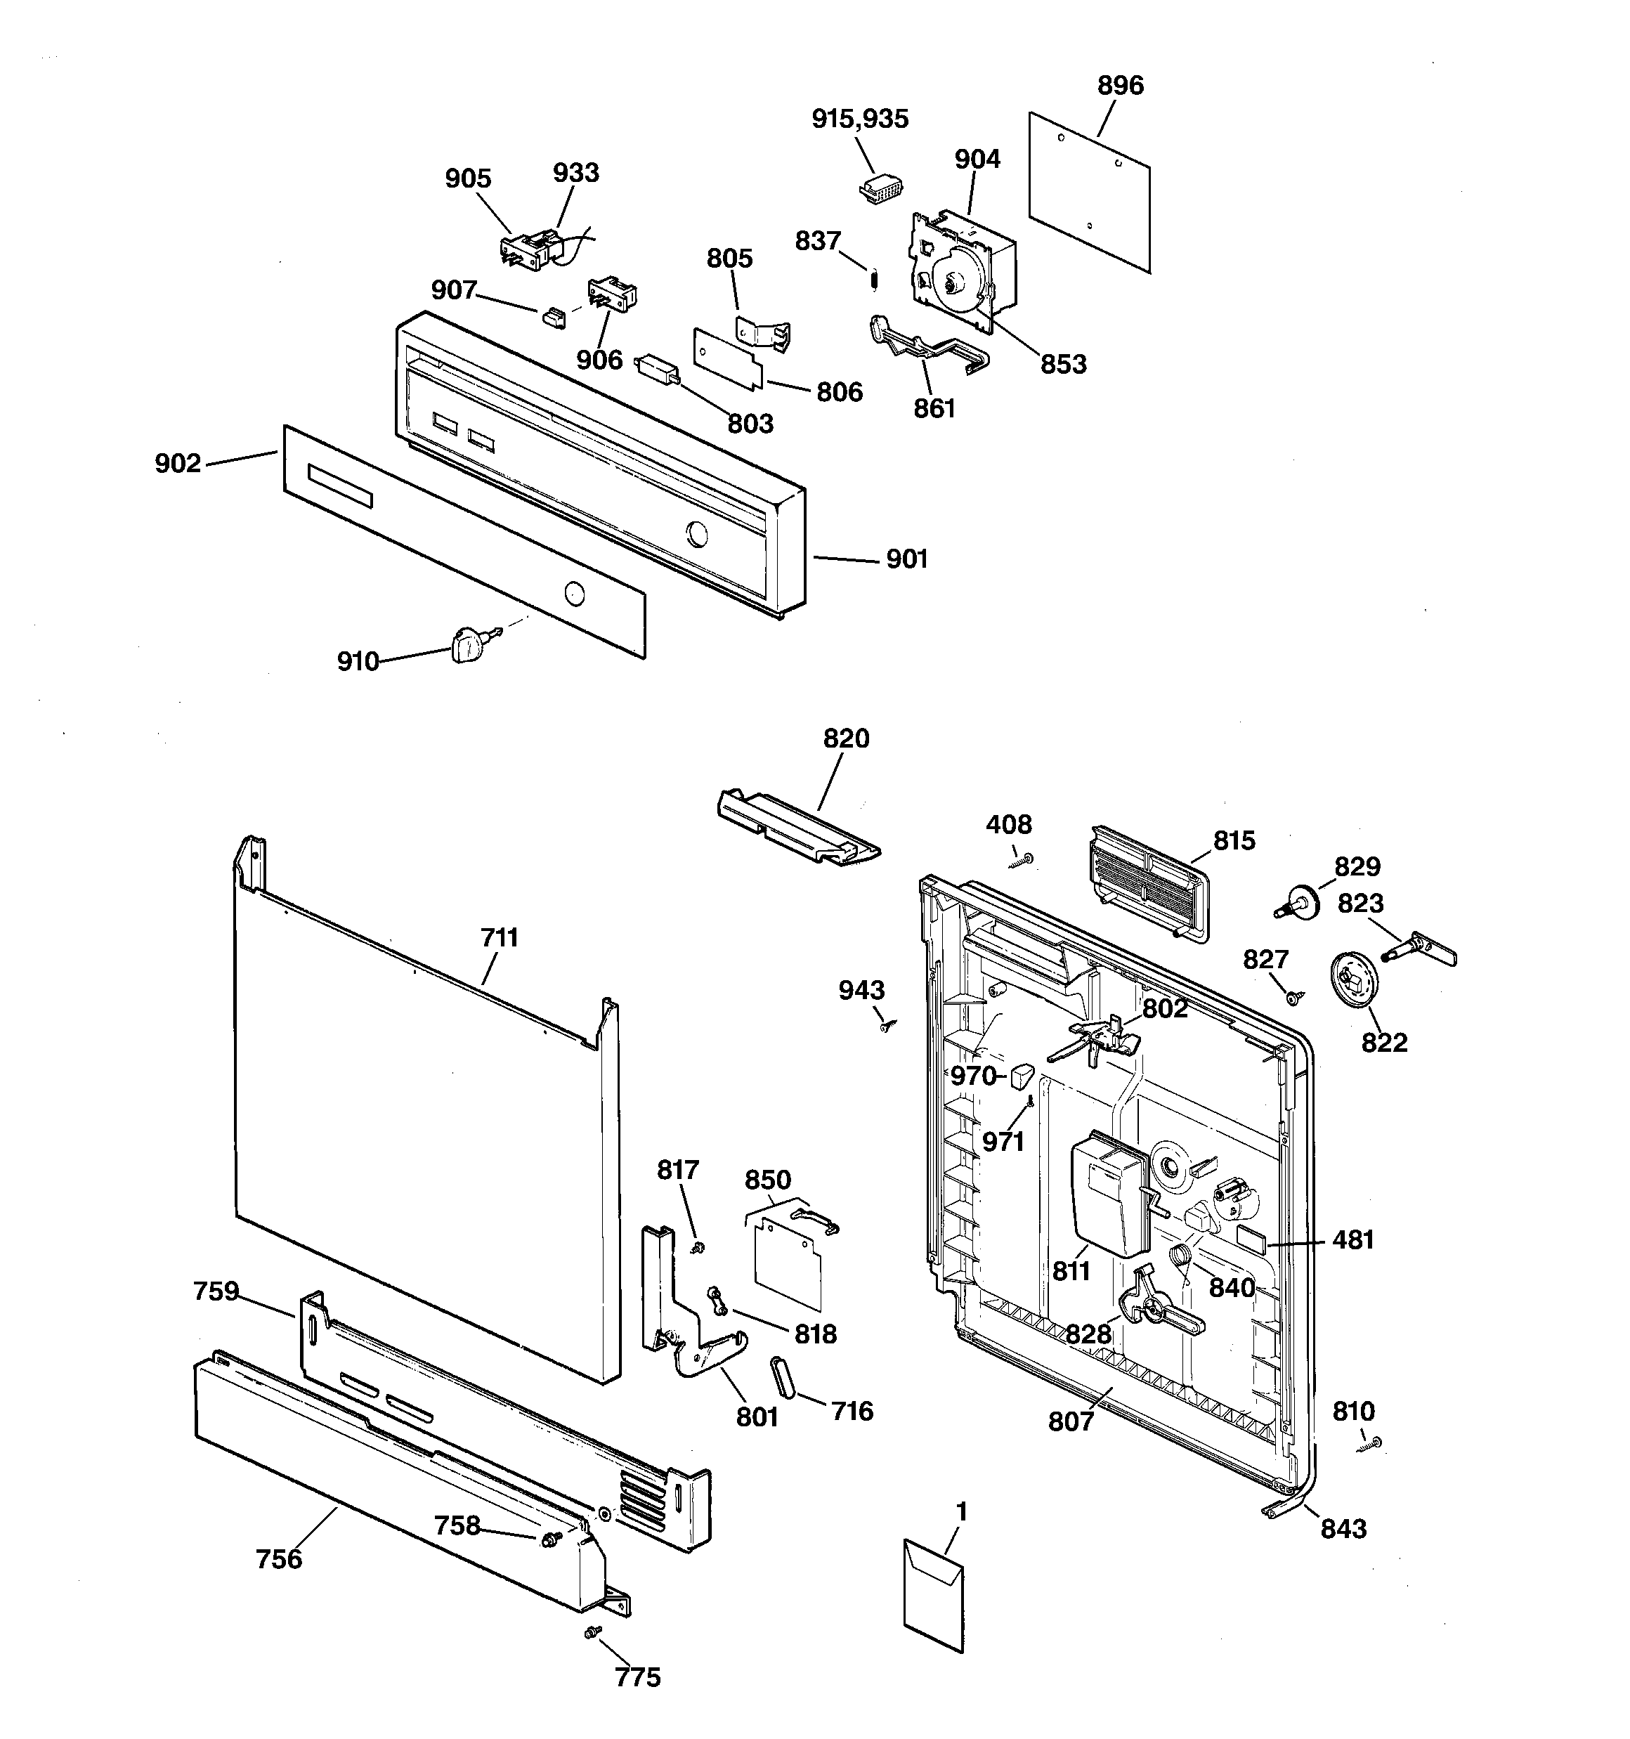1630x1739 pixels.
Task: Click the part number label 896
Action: coord(1120,86)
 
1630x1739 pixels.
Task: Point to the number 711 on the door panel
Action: coord(500,938)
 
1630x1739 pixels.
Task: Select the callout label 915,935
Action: coord(860,119)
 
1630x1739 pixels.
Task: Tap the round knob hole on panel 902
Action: coord(573,592)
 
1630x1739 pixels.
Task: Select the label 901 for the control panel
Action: coord(906,559)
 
